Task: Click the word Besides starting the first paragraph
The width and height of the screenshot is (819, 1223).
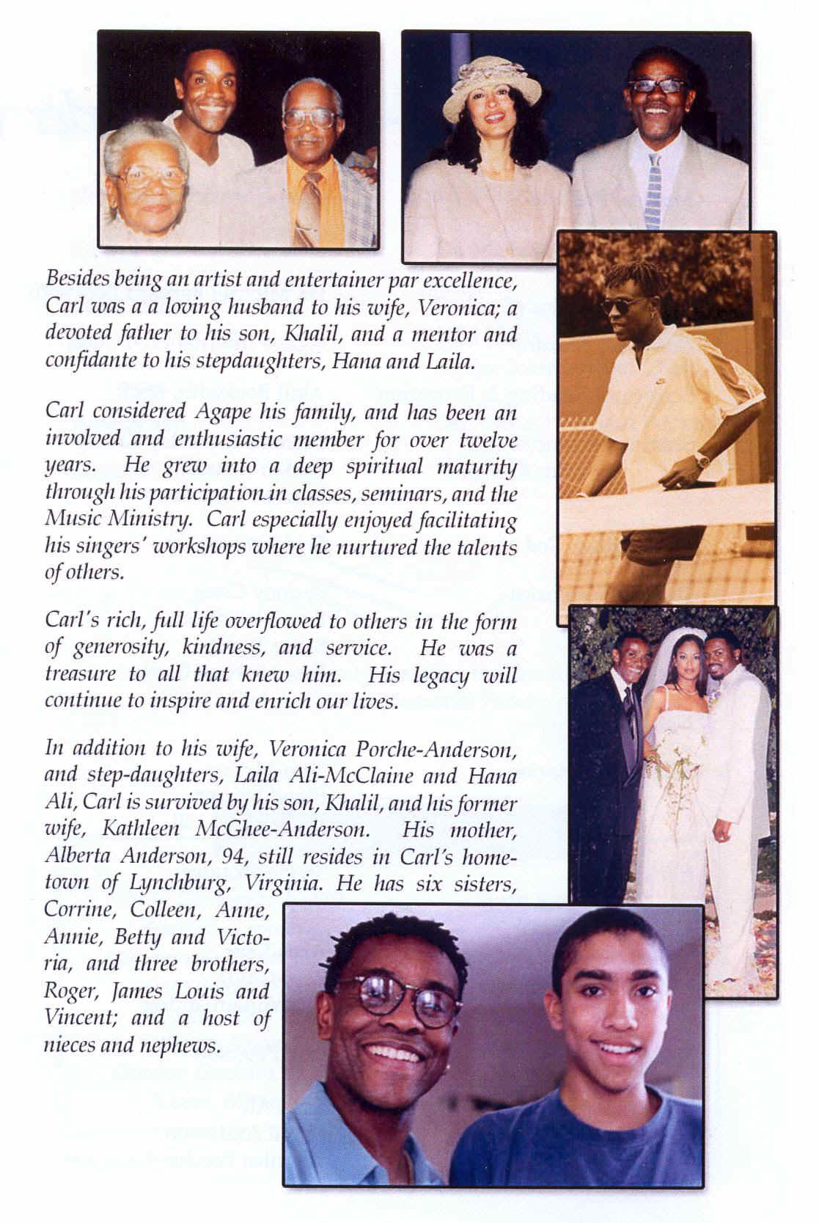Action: coord(74,280)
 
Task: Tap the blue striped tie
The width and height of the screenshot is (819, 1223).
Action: coord(652,189)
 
